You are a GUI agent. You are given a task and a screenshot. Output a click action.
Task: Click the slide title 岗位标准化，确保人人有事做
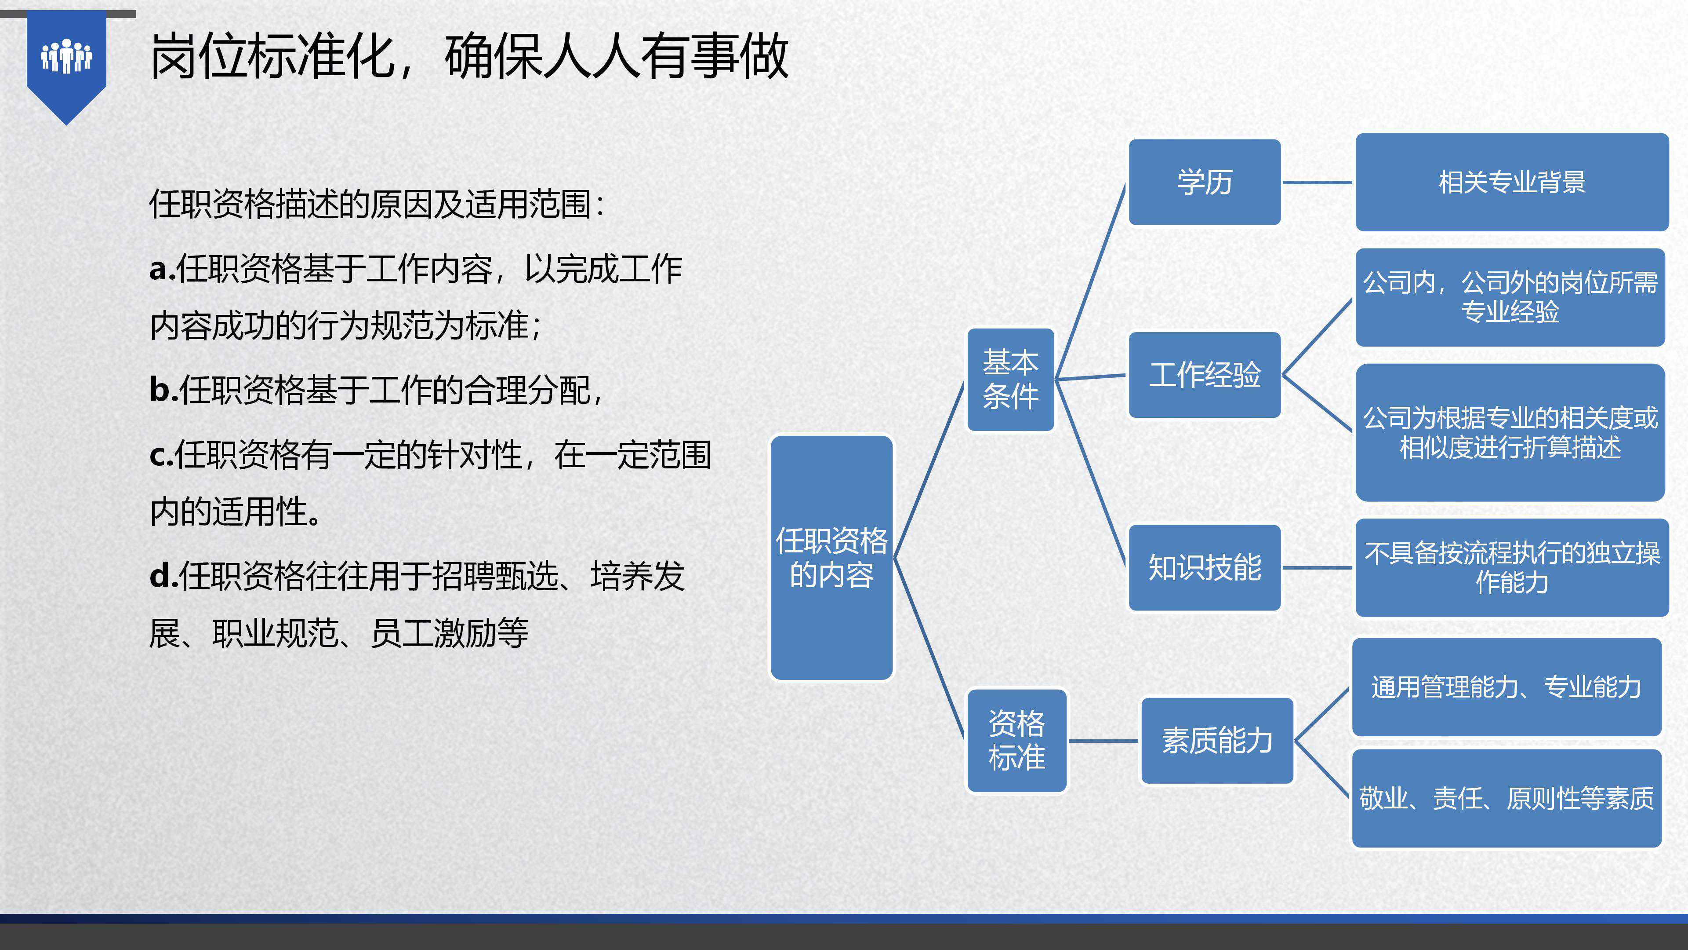click(x=468, y=57)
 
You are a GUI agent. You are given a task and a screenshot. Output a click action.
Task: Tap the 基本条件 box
click(x=1010, y=380)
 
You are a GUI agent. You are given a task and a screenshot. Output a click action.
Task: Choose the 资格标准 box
click(x=1016, y=741)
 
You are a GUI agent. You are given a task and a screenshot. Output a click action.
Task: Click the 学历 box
click(x=1205, y=182)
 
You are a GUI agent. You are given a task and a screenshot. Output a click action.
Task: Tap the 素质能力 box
click(x=1217, y=741)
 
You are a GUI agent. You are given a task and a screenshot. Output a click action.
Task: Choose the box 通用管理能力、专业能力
click(x=1506, y=687)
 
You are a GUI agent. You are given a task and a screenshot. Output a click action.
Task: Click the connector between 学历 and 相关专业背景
click(x=1317, y=182)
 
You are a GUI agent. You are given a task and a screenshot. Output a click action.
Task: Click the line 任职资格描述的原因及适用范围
click(x=376, y=204)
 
